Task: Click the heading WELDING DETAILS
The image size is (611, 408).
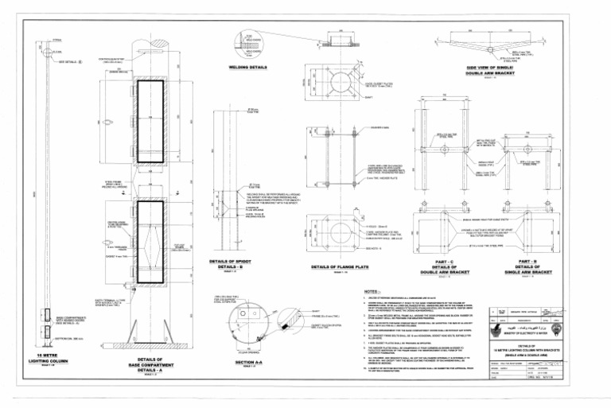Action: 248,68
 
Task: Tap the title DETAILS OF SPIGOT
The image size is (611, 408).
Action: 228,262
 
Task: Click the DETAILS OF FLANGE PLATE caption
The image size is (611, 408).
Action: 341,268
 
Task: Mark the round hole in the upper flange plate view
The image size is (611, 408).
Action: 341,77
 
